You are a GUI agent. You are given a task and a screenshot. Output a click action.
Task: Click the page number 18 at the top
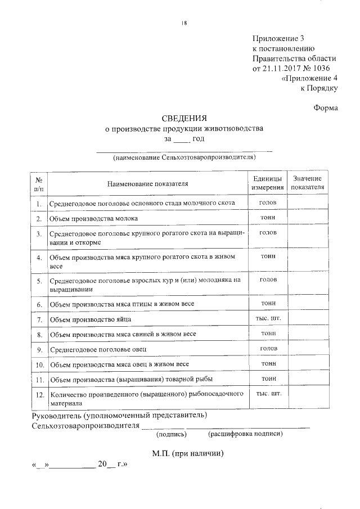pos(184,22)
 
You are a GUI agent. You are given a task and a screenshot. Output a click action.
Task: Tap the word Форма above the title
pos(325,107)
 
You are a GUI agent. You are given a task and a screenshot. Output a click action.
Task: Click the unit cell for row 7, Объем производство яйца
pos(268,319)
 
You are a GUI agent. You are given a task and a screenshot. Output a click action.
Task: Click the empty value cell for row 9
pos(308,350)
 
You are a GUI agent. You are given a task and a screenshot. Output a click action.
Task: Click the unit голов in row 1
pos(268,202)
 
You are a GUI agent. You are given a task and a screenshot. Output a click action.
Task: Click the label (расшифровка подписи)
pos(245,434)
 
